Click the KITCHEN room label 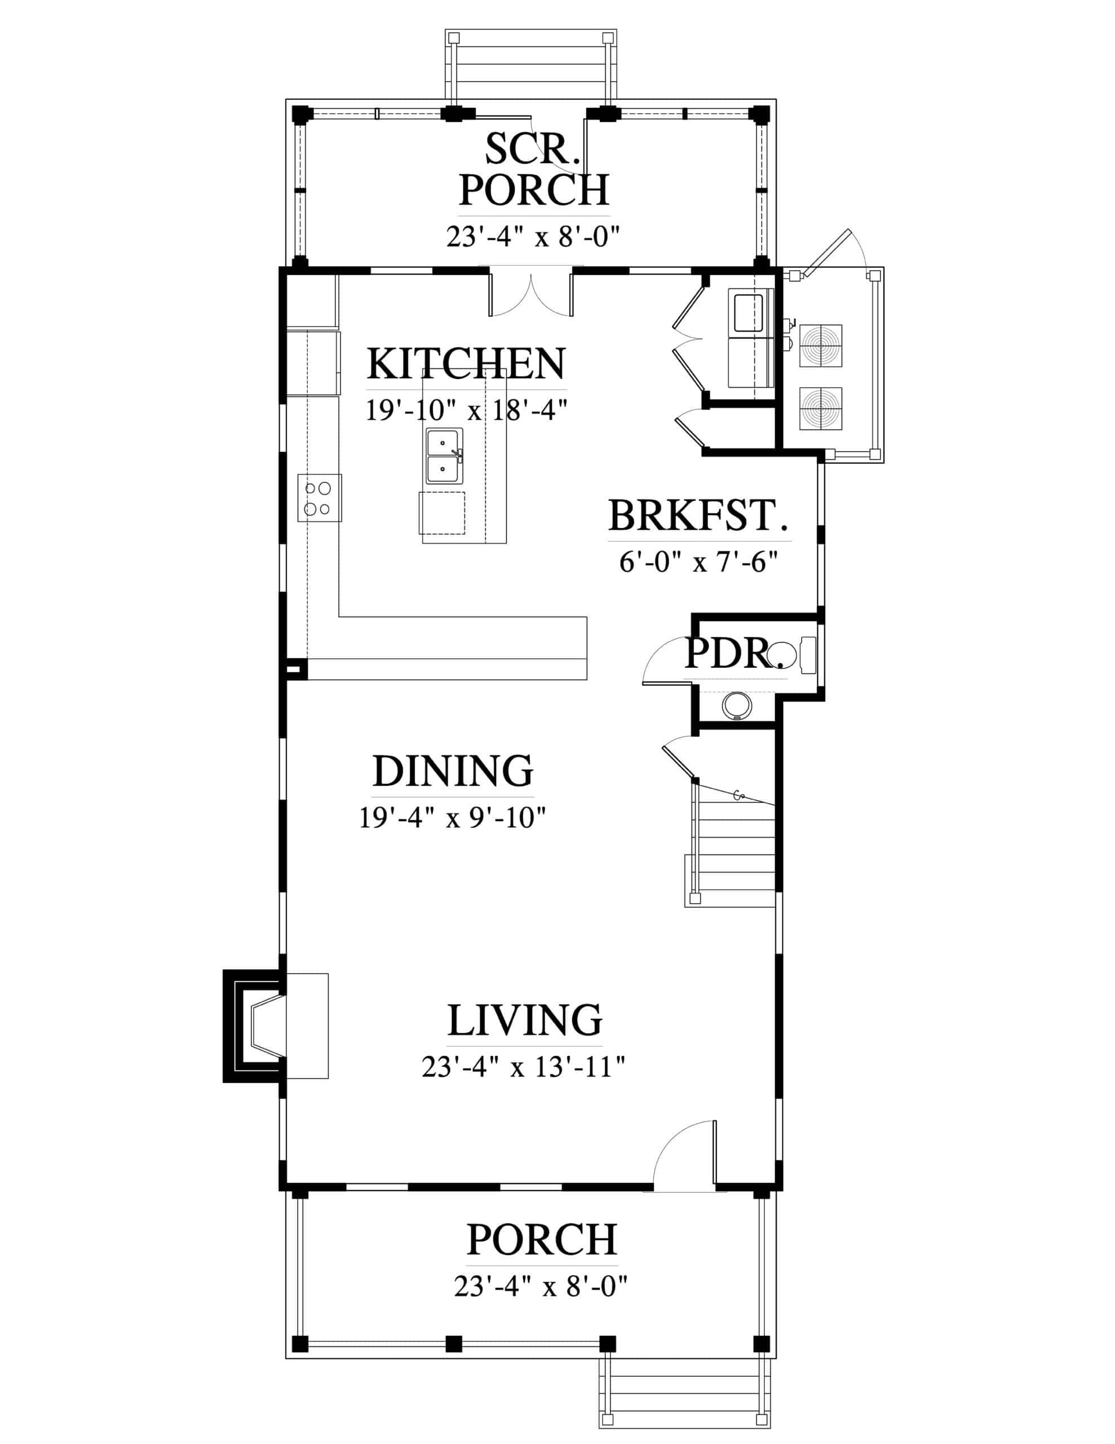point(466,363)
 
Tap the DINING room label point(453,771)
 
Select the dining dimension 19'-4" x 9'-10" point(453,818)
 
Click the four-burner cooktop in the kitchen point(319,498)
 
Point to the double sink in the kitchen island point(444,456)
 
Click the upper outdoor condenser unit point(820,345)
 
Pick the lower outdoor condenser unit point(820,408)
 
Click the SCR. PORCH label point(534,169)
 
